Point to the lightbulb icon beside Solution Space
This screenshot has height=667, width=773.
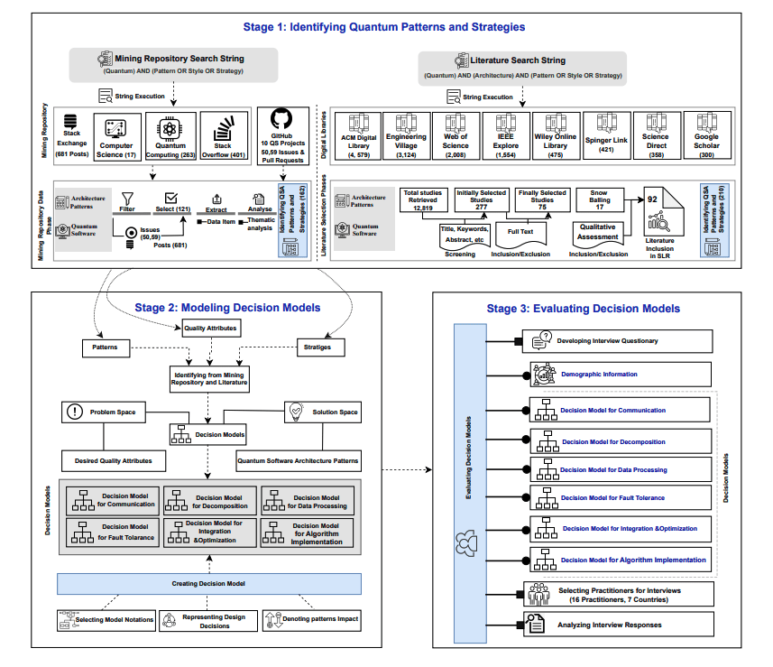[293, 412]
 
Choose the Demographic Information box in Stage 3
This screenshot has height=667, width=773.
[620, 373]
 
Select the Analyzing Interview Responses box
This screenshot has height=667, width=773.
[620, 624]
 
